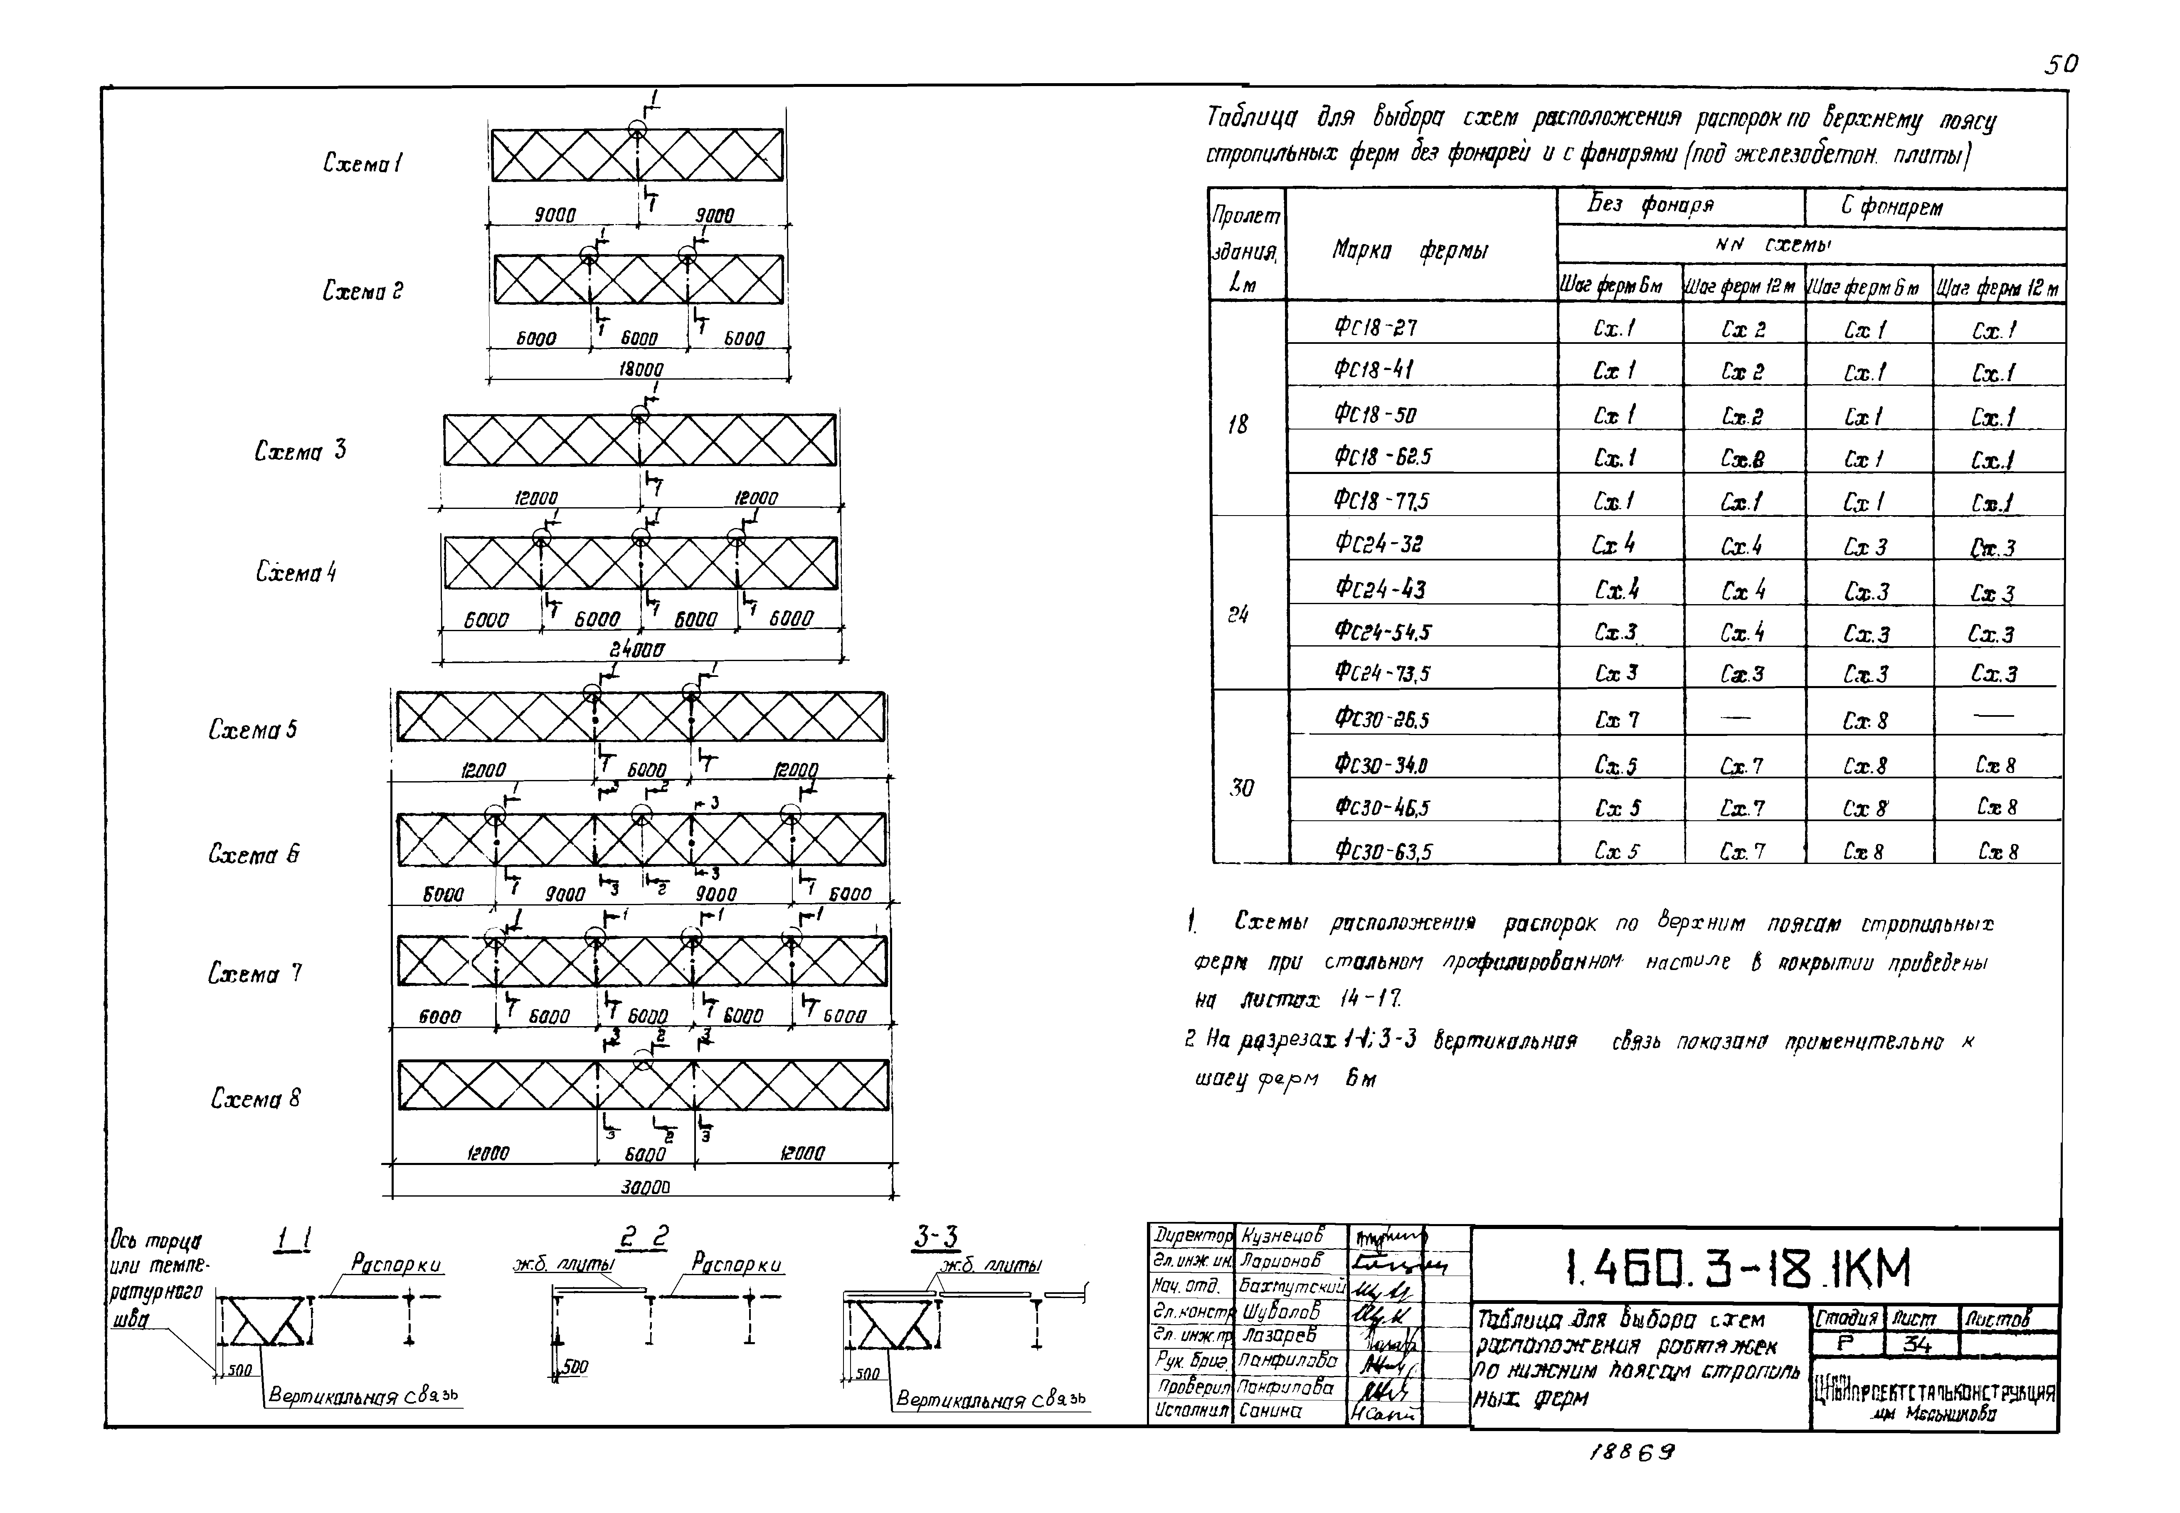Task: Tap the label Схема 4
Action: [x=296, y=572]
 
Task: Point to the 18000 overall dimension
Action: [x=641, y=369]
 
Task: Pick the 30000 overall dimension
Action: [x=644, y=1186]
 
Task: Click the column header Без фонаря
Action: [x=1650, y=205]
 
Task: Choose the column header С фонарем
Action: [x=1892, y=207]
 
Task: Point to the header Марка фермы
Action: [x=1409, y=250]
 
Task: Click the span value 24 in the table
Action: [x=1238, y=615]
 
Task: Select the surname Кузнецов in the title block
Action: [x=1280, y=1235]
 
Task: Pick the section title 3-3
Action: [x=937, y=1236]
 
